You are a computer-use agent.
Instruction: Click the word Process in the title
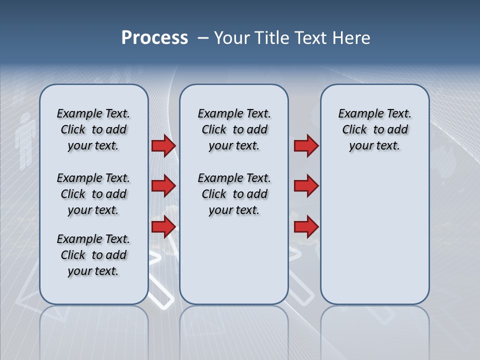[154, 38]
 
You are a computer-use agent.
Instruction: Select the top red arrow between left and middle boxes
[163, 145]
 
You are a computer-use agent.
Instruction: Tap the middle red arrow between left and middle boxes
[163, 186]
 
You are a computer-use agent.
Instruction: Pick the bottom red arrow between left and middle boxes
[163, 227]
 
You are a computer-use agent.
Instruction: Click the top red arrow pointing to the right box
[306, 145]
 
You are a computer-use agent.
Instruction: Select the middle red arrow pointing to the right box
[306, 186]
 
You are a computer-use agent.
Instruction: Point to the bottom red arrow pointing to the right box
[306, 227]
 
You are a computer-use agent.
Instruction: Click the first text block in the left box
[93, 129]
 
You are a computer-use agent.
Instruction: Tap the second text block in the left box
[93, 194]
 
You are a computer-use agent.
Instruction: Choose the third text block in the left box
[93, 255]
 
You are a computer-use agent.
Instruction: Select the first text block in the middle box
[234, 129]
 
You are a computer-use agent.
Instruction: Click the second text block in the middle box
[234, 194]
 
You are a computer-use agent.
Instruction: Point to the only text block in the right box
[375, 129]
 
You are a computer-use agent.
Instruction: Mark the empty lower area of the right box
[375, 240]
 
